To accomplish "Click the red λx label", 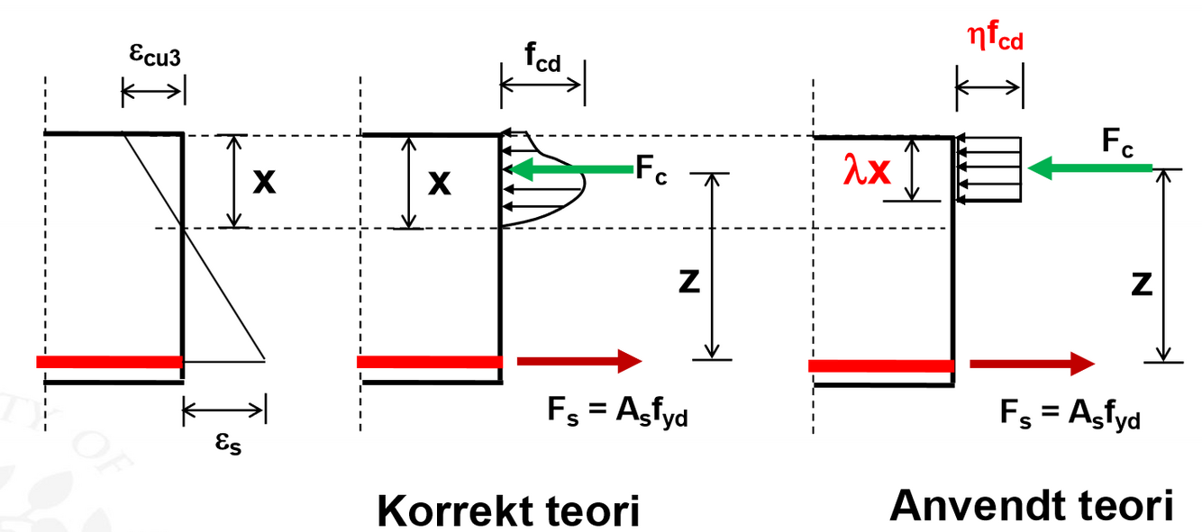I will coord(866,169).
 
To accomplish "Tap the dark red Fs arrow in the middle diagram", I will coord(578,362).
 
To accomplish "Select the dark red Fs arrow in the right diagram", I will coord(1033,364).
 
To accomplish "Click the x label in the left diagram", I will coord(264,182).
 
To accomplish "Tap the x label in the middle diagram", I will coord(439,182).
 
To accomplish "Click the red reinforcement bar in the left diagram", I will coord(109,362).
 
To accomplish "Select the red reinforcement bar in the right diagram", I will coord(881,365).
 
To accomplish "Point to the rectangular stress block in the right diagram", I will coord(988,168).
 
